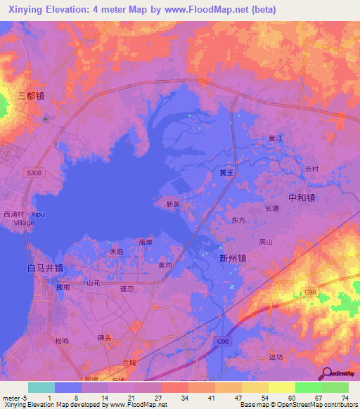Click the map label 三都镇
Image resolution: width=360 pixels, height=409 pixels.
pos(31,95)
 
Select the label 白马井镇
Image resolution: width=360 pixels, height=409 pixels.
pos(45,268)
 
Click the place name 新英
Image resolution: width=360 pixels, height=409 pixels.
pos(173,205)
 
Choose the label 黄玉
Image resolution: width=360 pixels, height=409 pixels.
pos(226,172)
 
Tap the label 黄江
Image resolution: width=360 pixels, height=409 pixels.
pos(275,138)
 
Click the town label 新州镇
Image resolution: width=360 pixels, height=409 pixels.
pos(233,258)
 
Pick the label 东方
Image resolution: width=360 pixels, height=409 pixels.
pos(238,220)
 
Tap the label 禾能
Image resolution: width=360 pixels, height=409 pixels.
pos(116,252)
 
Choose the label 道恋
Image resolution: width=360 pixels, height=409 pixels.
pos(127,288)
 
